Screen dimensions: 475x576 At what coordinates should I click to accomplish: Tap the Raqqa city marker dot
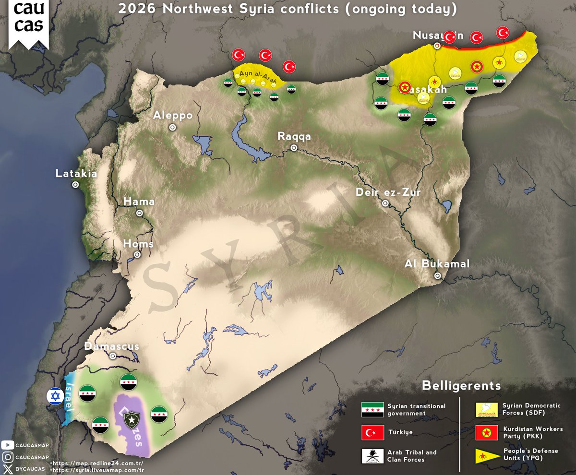tap(294, 148)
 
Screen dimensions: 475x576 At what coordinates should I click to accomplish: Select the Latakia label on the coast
tap(76, 174)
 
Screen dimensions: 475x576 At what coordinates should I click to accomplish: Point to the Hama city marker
tap(139, 213)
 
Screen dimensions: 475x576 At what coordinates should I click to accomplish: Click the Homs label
tap(138, 244)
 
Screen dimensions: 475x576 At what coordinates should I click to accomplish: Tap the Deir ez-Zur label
tap(388, 193)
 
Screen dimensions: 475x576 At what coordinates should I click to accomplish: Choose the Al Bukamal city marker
tap(438, 276)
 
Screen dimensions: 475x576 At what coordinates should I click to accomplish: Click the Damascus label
tap(112, 346)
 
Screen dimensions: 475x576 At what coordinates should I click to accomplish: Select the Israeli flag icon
tap(55, 396)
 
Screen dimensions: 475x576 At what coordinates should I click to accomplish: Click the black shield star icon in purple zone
tap(131, 420)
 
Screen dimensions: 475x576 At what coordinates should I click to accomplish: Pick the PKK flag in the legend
tap(486, 432)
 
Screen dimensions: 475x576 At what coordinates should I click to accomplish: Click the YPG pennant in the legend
tap(486, 455)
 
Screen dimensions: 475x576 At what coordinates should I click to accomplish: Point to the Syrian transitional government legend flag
tap(372, 410)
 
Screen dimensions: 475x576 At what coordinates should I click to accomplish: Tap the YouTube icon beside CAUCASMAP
tap(8, 445)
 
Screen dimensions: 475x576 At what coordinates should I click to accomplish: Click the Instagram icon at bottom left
tap(8, 457)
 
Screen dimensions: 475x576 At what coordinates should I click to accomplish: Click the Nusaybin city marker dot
tap(437, 46)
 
